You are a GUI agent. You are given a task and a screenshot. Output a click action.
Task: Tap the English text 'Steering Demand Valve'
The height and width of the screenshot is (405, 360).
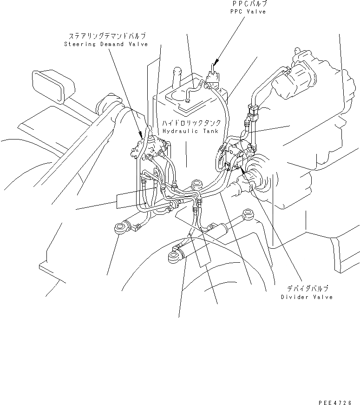pyautogui.click(x=106, y=44)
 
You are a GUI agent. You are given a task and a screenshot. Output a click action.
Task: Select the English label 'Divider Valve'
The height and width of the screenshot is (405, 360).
pyautogui.click(x=307, y=297)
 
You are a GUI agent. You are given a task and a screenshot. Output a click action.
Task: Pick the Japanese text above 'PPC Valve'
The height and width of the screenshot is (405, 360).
pyautogui.click(x=249, y=4)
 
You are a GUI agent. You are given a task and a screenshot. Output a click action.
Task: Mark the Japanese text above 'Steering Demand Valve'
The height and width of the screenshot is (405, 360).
pyautogui.click(x=107, y=36)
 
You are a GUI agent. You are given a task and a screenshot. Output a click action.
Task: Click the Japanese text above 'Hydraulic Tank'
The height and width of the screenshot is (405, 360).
pyautogui.click(x=191, y=124)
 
